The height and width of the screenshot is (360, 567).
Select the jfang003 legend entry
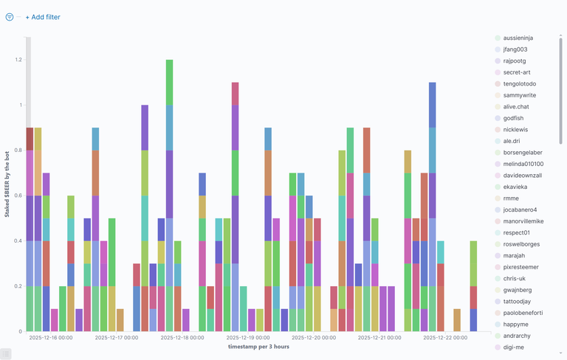pos(519,49)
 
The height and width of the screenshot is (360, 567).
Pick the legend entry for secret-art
pos(521,72)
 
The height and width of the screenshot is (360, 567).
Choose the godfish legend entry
pos(516,118)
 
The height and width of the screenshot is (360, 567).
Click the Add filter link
pos(43,17)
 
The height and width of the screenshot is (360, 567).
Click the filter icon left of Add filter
pos(10,17)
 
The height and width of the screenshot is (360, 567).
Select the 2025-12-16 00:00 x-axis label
pos(51,337)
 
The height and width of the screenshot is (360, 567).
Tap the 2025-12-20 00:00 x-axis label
pos(314,337)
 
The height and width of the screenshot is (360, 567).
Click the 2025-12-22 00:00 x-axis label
pos(445,337)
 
